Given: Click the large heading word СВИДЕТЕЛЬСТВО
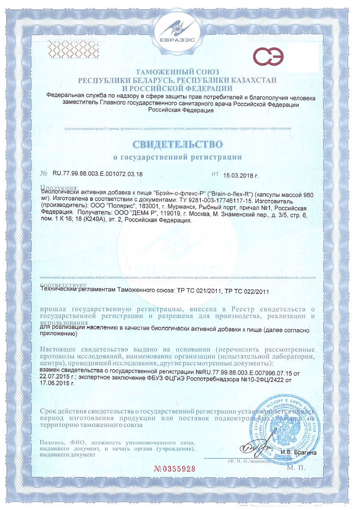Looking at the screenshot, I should [178, 144].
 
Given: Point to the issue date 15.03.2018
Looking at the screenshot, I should [241, 174].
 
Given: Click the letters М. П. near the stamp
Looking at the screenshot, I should [295, 469].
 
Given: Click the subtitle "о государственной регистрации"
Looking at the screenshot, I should [178, 157].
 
